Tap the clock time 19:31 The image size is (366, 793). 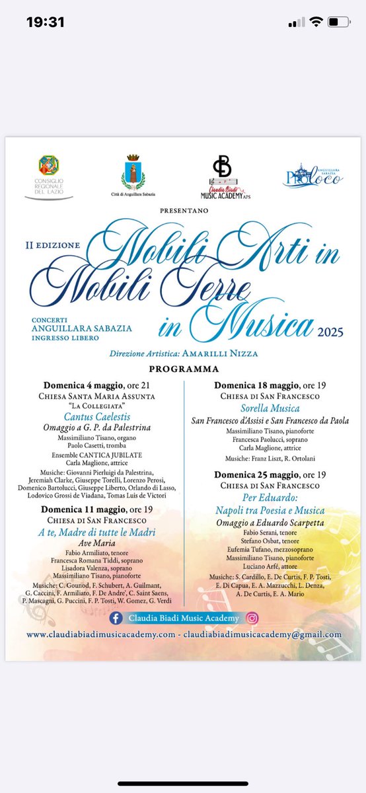click(x=45, y=22)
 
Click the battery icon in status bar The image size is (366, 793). click(x=340, y=22)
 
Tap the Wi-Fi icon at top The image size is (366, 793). click(x=316, y=22)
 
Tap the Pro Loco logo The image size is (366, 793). click(x=314, y=174)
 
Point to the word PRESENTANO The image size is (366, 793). click(x=184, y=210)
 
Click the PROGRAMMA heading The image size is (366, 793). click(x=184, y=369)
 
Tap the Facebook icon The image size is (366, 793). click(x=117, y=618)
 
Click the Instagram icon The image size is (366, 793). click(x=252, y=618)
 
